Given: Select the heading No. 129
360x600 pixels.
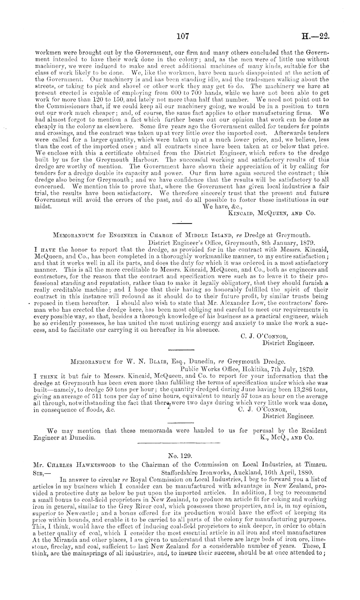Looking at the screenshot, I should (180, 456).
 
